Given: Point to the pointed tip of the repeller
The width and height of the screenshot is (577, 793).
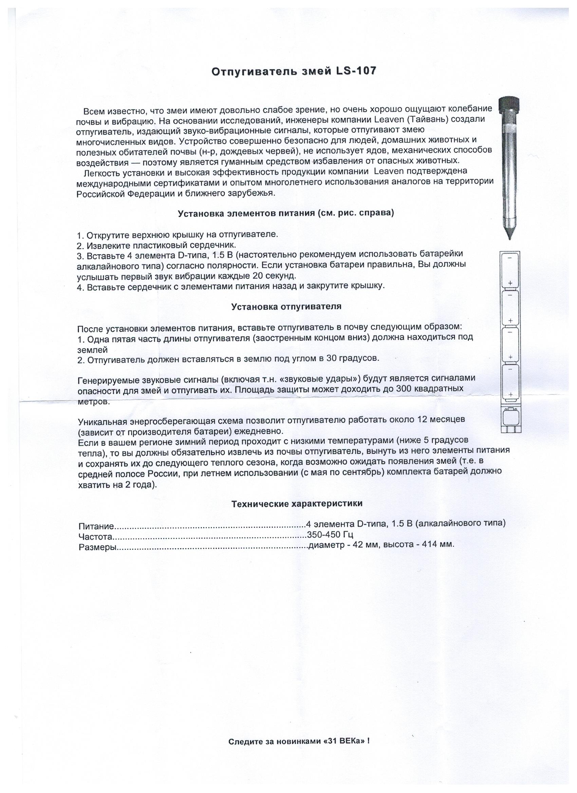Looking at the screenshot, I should (x=509, y=236).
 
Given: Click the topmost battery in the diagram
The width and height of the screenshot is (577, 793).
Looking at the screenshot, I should (x=510, y=270).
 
